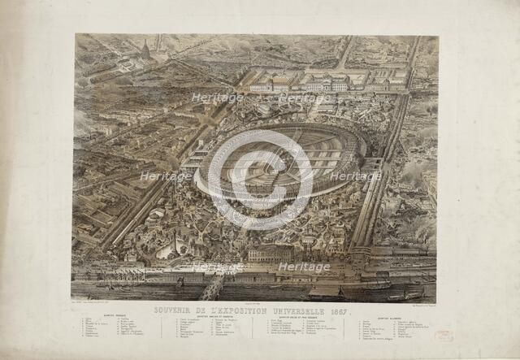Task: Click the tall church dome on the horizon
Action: (x=145, y=50)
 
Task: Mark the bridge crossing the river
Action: (x=212, y=286)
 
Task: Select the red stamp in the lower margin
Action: (x=444, y=335)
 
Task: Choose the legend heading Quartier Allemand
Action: (x=392, y=318)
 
